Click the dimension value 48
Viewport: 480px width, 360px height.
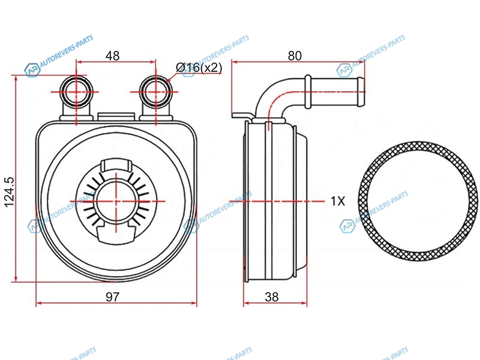tap(112, 56)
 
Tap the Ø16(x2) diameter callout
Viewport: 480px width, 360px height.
tap(199, 67)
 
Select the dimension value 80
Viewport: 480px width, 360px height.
tap(295, 56)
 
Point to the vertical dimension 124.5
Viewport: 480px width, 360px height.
tap(10, 192)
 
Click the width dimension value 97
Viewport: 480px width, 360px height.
tap(112, 296)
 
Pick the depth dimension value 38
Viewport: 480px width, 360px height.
tap(272, 296)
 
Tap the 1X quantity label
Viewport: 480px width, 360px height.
tap(338, 201)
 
